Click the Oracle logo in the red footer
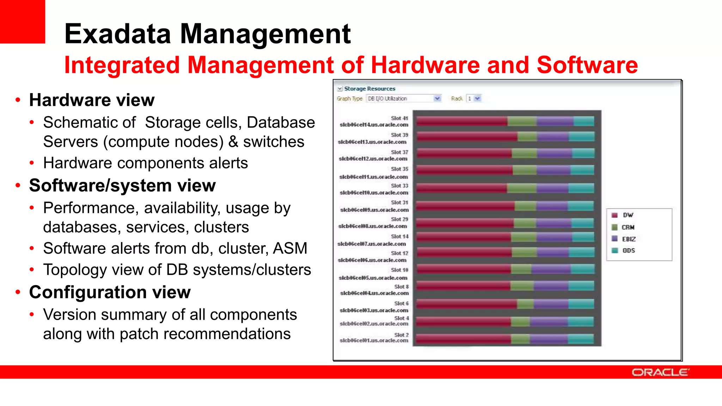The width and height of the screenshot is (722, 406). click(x=660, y=372)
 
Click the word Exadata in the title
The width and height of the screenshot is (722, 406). click(x=118, y=34)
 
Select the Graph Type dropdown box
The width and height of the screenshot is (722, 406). click(x=403, y=99)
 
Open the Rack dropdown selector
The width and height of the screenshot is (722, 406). click(x=474, y=99)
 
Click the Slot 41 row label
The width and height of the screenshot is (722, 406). click(x=399, y=118)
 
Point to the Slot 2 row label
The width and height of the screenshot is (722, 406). click(x=401, y=335)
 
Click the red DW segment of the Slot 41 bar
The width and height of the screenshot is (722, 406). click(x=462, y=122)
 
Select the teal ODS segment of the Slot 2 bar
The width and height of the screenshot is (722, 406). click(x=581, y=339)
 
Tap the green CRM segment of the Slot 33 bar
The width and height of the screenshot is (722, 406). click(x=522, y=188)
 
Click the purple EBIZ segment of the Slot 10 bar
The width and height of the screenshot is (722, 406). click(x=551, y=269)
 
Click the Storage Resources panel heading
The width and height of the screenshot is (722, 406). click(x=369, y=89)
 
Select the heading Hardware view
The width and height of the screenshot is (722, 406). click(x=92, y=100)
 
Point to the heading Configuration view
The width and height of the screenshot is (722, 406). click(x=110, y=292)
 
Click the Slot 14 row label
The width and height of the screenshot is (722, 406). click(x=399, y=236)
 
